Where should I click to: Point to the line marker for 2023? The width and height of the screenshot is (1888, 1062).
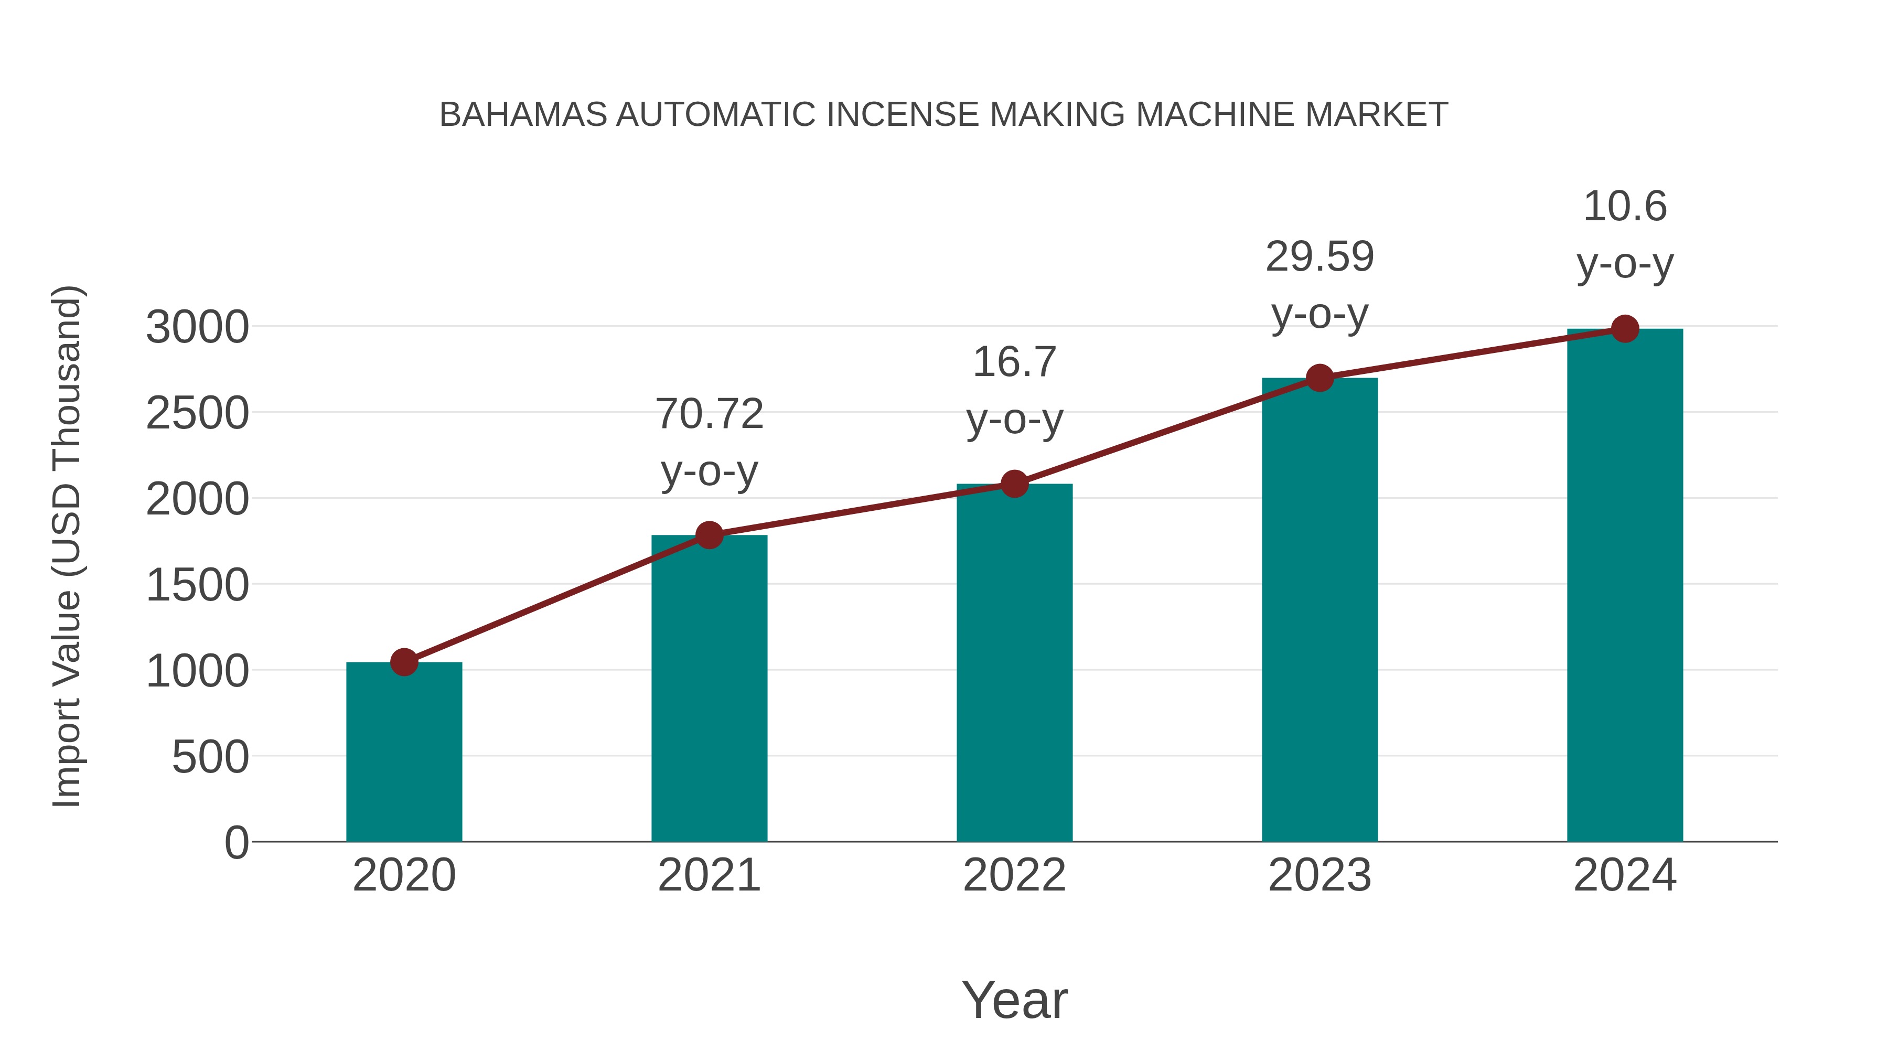pyautogui.click(x=1320, y=378)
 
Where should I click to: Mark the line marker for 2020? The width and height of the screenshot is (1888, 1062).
pyautogui.click(x=404, y=662)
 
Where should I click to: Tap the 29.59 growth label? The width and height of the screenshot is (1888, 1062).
pyautogui.click(x=1320, y=284)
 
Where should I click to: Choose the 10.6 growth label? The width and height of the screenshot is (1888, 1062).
pyautogui.click(x=1625, y=234)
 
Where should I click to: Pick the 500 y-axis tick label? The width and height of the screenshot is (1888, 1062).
pyautogui.click(x=210, y=757)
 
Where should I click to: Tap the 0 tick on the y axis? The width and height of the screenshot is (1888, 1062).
pyautogui.click(x=237, y=843)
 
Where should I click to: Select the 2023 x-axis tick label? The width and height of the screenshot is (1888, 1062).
pyautogui.click(x=1320, y=875)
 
